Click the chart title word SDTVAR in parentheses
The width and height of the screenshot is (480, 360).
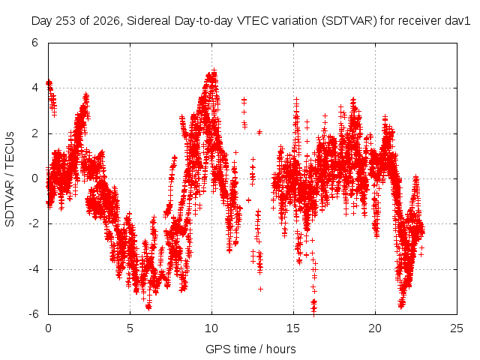pyautogui.click(x=349, y=21)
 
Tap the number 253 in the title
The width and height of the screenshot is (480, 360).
pyautogui.click(x=66, y=21)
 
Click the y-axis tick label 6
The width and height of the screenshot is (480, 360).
pyautogui.click(x=34, y=43)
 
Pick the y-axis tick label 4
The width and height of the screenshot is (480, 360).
pyautogui.click(x=34, y=88)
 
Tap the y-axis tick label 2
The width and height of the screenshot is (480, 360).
pyautogui.click(x=34, y=133)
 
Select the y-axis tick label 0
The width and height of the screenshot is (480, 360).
pyautogui.click(x=34, y=178)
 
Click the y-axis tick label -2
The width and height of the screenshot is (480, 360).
pyautogui.click(x=33, y=223)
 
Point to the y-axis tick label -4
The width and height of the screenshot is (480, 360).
pyautogui.click(x=33, y=269)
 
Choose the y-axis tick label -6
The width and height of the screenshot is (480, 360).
pyautogui.click(x=33, y=314)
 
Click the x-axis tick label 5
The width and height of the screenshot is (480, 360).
pyautogui.click(x=130, y=328)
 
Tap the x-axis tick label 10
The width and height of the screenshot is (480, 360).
pyautogui.click(x=211, y=328)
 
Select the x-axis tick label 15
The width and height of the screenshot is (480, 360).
pyautogui.click(x=293, y=328)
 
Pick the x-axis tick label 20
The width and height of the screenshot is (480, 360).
pyautogui.click(x=375, y=328)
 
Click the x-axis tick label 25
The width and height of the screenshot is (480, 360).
pyautogui.click(x=457, y=328)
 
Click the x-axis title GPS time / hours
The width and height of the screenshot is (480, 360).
pyautogui.click(x=250, y=349)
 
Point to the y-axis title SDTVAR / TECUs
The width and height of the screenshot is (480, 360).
pyautogui.click(x=10, y=179)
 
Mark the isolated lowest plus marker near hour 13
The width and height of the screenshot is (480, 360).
pyautogui.click(x=260, y=289)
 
